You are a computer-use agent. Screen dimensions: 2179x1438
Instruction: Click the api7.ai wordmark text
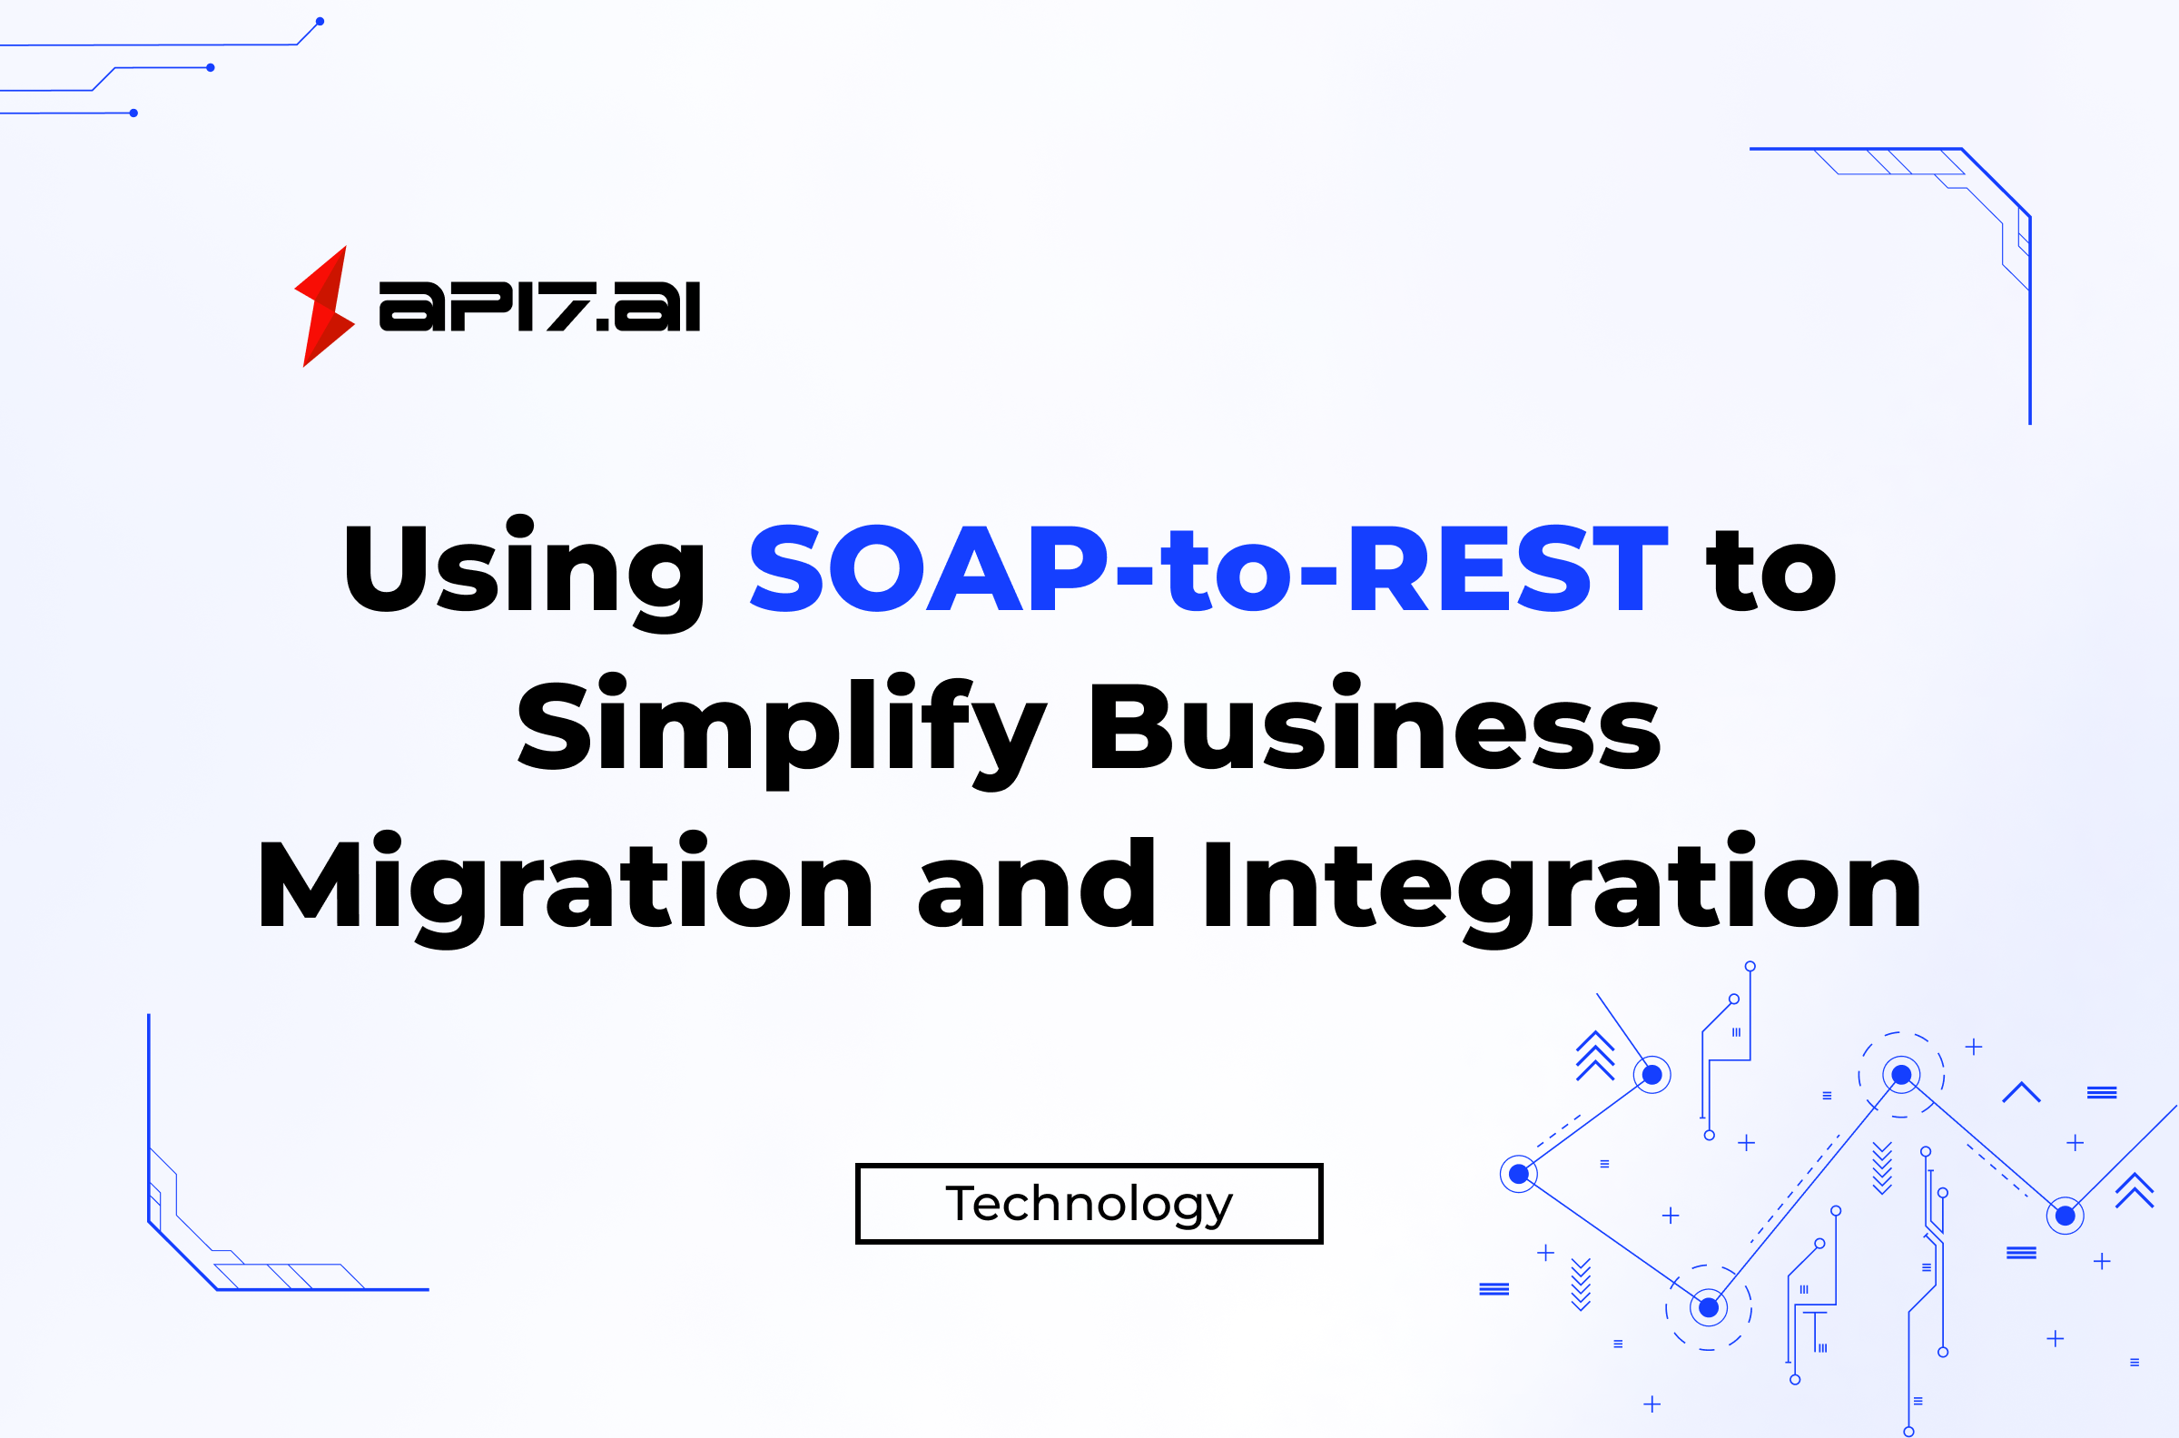(x=539, y=306)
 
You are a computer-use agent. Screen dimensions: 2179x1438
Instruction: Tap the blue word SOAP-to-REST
(x=1208, y=567)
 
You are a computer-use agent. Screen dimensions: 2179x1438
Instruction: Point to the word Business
(x=1375, y=724)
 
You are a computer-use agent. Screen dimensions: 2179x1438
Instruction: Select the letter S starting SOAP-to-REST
(x=787, y=567)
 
